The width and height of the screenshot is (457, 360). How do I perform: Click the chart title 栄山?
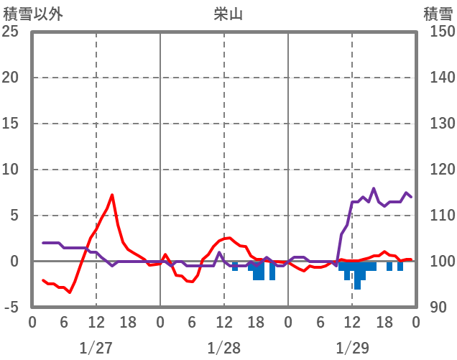click(x=228, y=13)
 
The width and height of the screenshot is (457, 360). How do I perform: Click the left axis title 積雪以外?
click(x=33, y=13)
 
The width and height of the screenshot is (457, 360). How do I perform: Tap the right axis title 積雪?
click(x=438, y=13)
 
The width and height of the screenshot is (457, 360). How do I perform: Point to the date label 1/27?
click(x=96, y=348)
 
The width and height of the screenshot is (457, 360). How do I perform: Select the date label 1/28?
click(x=223, y=348)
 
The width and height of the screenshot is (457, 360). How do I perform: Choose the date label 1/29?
click(x=351, y=348)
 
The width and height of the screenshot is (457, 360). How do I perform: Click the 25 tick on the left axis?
click(x=11, y=32)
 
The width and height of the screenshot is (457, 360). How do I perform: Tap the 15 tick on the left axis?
click(x=11, y=124)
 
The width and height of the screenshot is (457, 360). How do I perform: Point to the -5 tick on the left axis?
click(x=11, y=308)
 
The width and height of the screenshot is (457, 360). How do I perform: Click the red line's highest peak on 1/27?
click(x=112, y=195)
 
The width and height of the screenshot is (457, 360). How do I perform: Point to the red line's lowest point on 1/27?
click(x=70, y=292)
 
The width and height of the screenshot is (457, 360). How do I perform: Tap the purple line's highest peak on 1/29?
click(x=374, y=188)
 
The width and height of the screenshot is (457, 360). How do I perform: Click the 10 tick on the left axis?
click(x=11, y=170)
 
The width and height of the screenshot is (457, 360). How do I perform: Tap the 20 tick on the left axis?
click(x=11, y=78)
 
